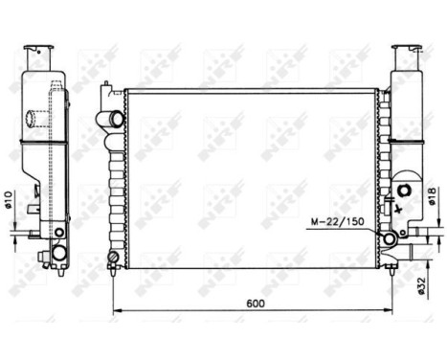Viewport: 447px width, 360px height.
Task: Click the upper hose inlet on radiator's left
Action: [114, 119]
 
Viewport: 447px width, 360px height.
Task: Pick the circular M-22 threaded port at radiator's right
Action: [390, 238]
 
